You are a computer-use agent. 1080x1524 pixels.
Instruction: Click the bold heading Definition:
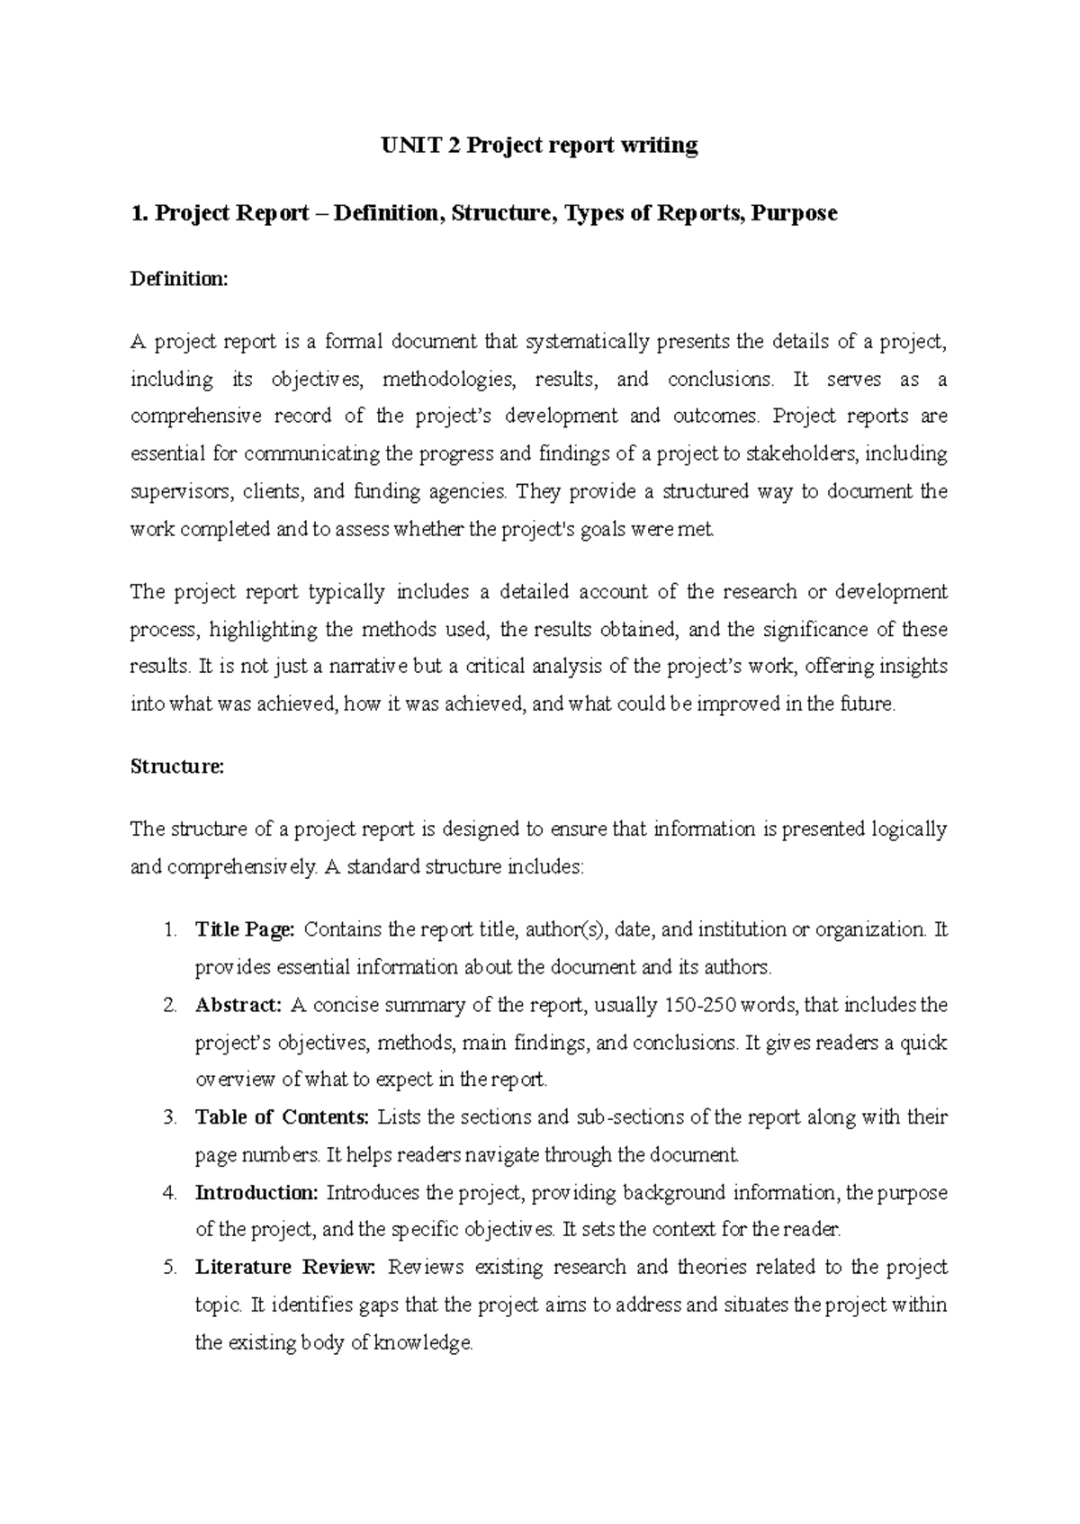pos(180,280)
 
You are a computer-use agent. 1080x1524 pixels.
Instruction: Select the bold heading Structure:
pos(176,767)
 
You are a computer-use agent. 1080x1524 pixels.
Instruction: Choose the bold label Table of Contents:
pos(282,1117)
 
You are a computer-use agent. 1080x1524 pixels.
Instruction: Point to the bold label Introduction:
pos(256,1193)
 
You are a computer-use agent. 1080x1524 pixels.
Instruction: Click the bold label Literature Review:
pos(284,1268)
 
